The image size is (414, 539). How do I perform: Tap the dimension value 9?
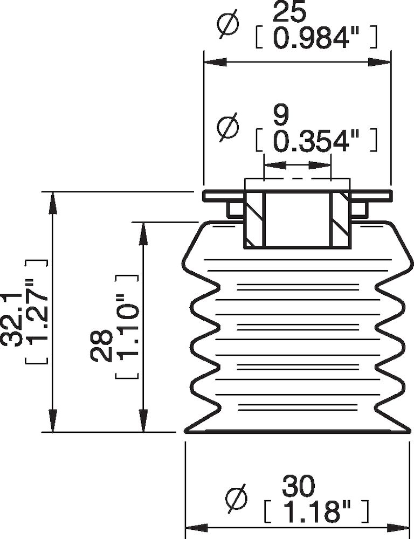click(x=281, y=115)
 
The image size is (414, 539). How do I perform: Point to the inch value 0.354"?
click(x=315, y=141)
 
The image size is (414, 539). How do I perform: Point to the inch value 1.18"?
click(x=317, y=510)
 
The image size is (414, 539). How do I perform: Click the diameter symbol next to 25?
click(x=226, y=26)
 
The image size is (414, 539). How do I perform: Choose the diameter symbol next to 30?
click(x=237, y=497)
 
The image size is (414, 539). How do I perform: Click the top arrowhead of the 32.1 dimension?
click(x=52, y=202)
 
